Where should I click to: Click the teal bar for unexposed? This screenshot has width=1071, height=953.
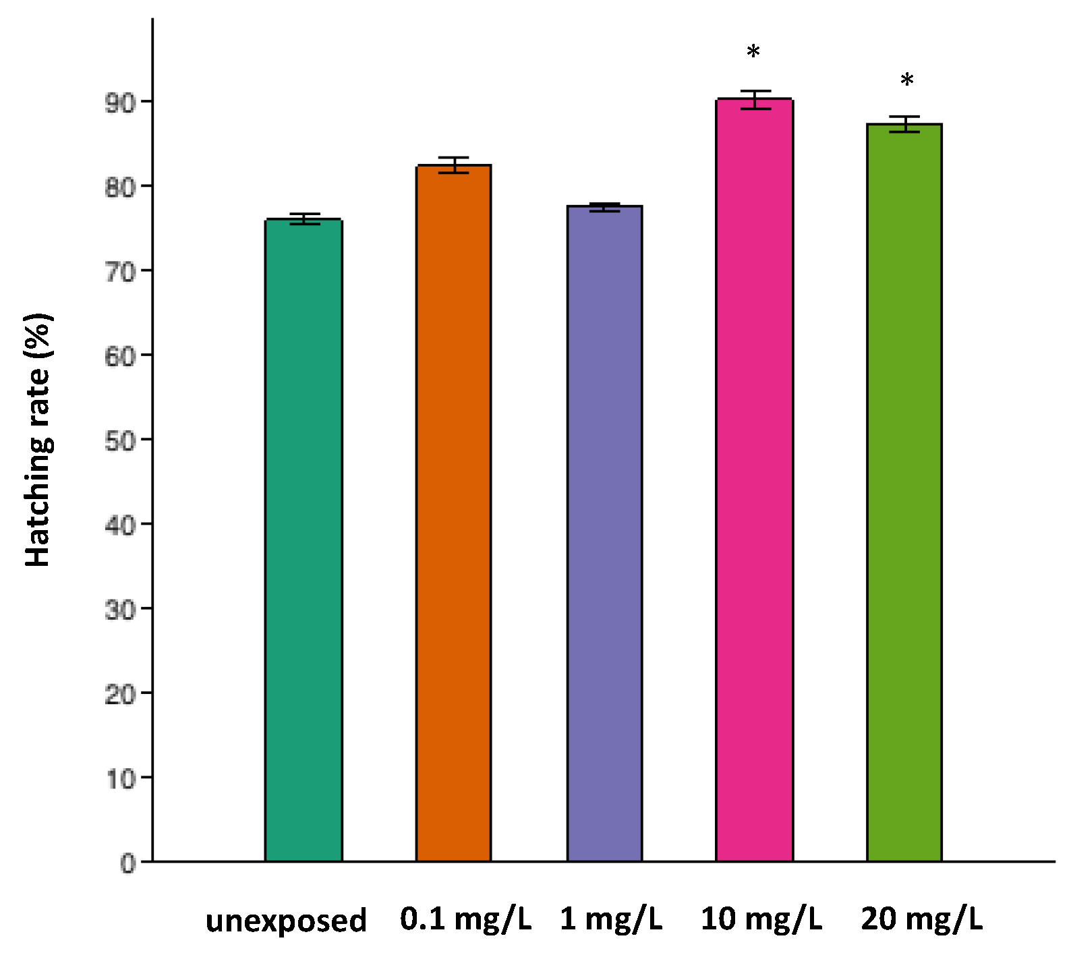coord(303,540)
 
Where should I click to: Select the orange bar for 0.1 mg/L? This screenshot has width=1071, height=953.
coord(453,513)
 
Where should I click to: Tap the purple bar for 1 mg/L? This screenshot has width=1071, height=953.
coord(604,533)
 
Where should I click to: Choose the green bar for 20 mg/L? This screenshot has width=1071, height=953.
coord(904,492)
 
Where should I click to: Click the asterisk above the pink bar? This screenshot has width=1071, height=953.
coord(753,52)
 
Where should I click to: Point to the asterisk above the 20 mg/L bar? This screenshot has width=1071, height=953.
coord(907,80)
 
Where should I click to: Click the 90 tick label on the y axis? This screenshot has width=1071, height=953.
coord(120,103)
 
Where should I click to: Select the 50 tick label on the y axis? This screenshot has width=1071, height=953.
coord(120,441)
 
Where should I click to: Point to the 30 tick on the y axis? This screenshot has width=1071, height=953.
coord(120,610)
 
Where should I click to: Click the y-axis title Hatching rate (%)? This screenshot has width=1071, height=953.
coord(38,440)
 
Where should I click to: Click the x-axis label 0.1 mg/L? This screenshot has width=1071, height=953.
coord(465,919)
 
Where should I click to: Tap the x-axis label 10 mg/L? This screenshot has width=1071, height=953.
coord(761,919)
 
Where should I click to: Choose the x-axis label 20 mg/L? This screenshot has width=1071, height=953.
coord(922,919)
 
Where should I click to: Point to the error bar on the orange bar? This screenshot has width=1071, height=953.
coord(453,165)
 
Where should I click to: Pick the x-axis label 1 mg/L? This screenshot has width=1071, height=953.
coord(611,919)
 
